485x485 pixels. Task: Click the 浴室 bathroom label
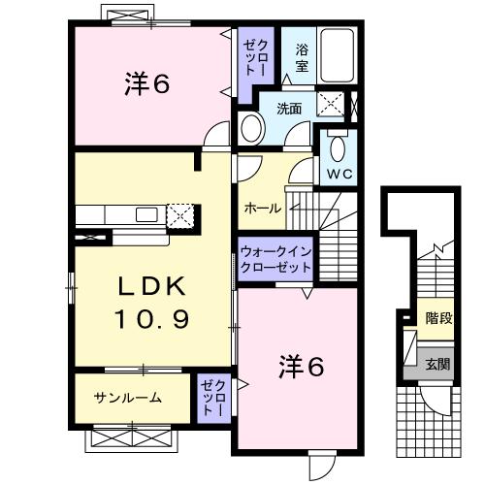point(302,55)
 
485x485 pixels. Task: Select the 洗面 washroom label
point(290,108)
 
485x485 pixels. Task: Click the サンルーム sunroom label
point(127,398)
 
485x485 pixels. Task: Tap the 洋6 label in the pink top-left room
point(146,84)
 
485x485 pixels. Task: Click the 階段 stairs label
point(437,318)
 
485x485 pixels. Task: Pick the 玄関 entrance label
point(437,365)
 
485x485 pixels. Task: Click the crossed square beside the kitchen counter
point(180,214)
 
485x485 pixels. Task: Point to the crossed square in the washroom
point(331,106)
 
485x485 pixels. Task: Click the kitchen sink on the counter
point(146,213)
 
